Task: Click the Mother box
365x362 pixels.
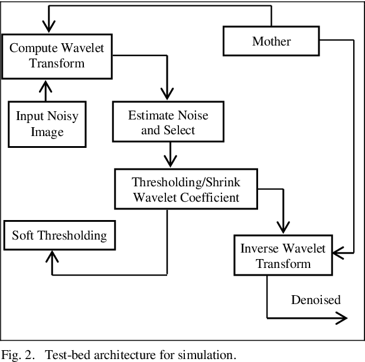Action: coord(272,41)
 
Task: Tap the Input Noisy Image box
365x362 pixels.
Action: coord(47,123)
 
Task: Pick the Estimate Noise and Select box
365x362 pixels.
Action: coord(168,121)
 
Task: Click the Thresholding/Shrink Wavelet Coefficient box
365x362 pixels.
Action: coord(186,189)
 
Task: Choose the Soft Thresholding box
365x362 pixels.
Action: coord(59,235)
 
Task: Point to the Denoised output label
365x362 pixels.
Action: coord(316,300)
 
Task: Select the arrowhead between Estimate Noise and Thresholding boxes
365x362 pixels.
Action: coord(170,161)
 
